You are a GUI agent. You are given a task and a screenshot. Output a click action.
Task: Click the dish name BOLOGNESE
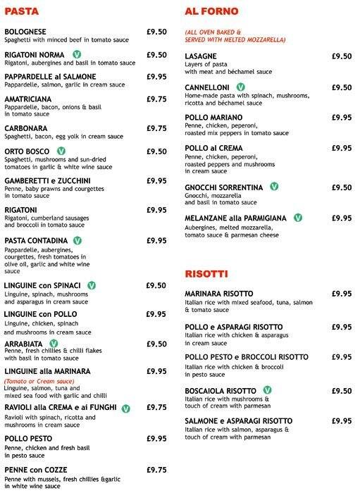(x=27, y=32)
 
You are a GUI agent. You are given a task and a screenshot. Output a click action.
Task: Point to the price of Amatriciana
(x=156, y=99)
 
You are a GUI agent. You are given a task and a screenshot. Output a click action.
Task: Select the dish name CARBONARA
(x=27, y=128)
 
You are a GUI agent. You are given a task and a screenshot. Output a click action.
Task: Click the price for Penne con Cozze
(x=156, y=470)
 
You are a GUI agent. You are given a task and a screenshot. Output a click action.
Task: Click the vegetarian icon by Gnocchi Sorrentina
(x=274, y=187)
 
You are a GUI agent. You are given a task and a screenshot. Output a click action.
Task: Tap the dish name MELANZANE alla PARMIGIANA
(x=237, y=218)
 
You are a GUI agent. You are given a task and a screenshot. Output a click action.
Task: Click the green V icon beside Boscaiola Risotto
(x=267, y=390)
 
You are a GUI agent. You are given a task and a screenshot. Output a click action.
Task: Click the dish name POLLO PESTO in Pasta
(x=29, y=438)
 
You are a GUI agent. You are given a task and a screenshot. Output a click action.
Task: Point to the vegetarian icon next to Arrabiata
(x=54, y=344)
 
